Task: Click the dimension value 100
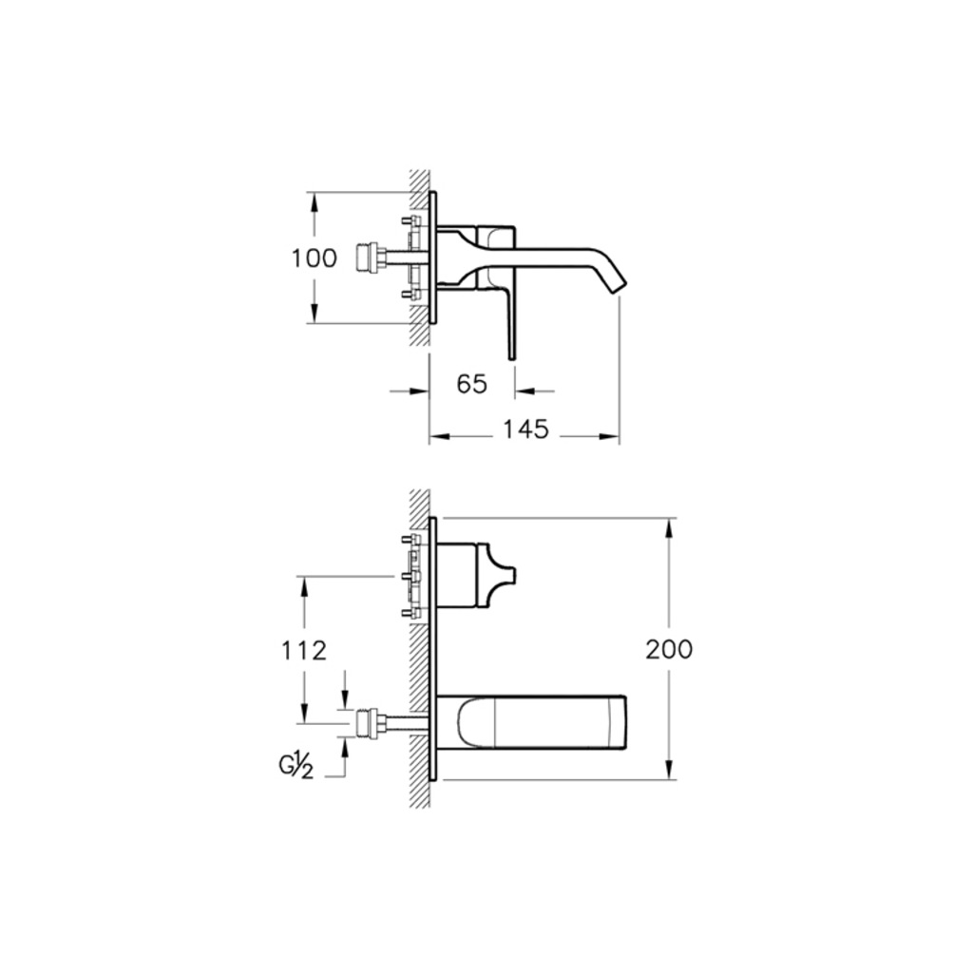[315, 258]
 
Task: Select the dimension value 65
[471, 385]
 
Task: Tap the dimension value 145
[525, 429]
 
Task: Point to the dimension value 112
[304, 651]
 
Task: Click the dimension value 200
[669, 650]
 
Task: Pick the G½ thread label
[296, 767]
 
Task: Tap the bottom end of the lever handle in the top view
[512, 358]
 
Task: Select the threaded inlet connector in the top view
[371, 258]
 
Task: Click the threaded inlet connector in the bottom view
[371, 723]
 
